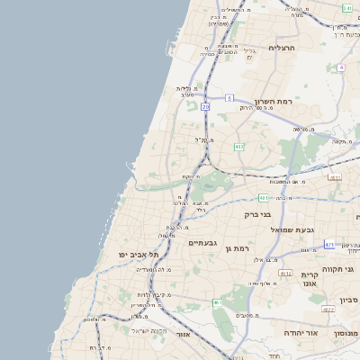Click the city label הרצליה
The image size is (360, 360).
pos(282,47)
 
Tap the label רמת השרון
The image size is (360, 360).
pos(274,102)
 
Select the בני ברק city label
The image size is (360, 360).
pos(257,215)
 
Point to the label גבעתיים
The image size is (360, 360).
pos(204,243)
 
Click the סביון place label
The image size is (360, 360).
pos(349,299)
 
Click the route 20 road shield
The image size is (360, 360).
pos(205,106)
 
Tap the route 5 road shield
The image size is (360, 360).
pos(229,97)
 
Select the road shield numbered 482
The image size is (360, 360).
pos(238,146)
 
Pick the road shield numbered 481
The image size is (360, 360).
pos(264,197)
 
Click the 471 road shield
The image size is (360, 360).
pos(329,244)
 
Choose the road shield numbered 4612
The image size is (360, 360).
pos(285,273)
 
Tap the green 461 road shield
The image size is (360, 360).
pos(217,302)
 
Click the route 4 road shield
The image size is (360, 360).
pos(341,67)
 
